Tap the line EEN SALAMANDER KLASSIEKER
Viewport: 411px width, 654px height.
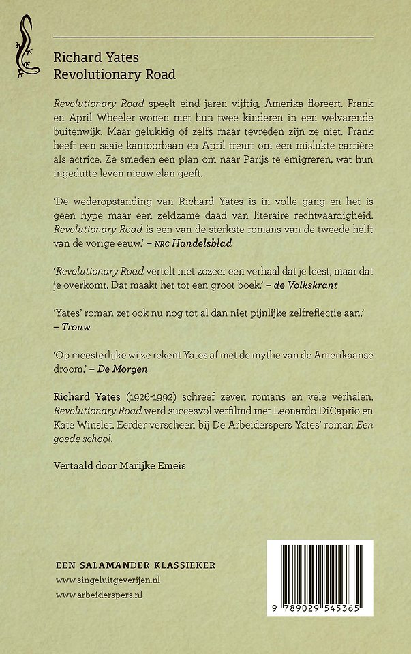(135, 565)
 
